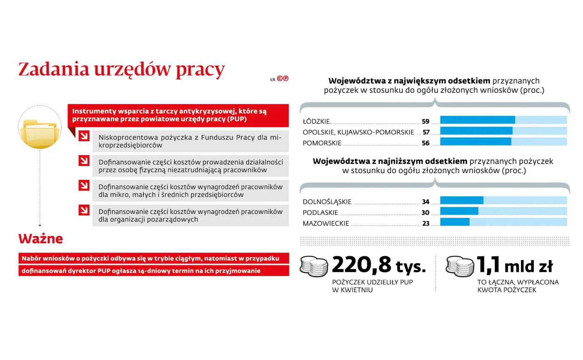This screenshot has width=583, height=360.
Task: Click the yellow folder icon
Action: pyautogui.click(x=40, y=133)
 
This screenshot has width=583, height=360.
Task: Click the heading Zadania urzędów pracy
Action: pyautogui.click(x=121, y=70)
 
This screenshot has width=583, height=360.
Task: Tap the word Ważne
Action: pyautogui.click(x=40, y=239)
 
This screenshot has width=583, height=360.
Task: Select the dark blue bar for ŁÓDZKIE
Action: pyautogui.click(x=477, y=120)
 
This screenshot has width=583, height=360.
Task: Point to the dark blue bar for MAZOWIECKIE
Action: pyautogui.click(x=455, y=222)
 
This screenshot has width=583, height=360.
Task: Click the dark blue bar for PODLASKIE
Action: pyautogui.click(x=459, y=211)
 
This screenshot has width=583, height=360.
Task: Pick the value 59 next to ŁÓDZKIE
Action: pyautogui.click(x=425, y=122)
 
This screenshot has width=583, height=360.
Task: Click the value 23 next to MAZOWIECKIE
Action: pyautogui.click(x=426, y=223)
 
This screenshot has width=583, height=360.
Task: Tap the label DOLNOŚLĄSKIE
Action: pyautogui.click(x=327, y=202)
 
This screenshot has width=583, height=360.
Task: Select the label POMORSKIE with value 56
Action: pyautogui.click(x=322, y=143)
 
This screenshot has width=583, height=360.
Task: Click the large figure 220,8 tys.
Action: pyautogui.click(x=379, y=266)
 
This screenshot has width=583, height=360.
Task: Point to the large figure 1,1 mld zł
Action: pyautogui.click(x=514, y=266)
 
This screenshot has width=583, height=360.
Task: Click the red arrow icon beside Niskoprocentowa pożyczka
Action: pyautogui.click(x=84, y=136)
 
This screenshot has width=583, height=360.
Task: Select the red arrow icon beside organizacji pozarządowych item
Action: pyautogui.click(x=84, y=209)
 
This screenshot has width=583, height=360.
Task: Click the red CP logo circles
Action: pyautogui.click(x=283, y=78)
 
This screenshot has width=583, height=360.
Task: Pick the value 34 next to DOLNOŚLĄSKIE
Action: pyautogui.click(x=425, y=202)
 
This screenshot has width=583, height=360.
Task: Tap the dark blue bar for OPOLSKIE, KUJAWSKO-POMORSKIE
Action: pyautogui.click(x=476, y=131)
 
